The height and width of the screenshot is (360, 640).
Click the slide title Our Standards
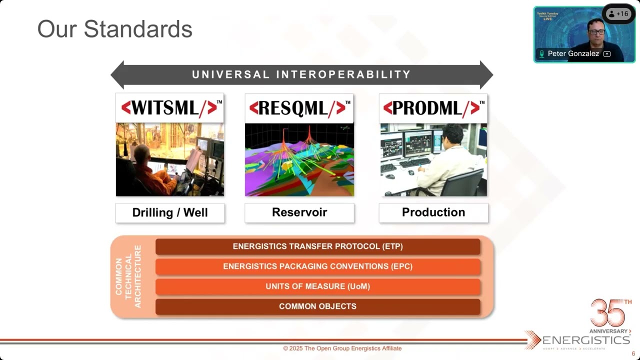114,29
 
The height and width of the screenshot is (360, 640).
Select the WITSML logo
169,108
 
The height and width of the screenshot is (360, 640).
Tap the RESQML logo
299,108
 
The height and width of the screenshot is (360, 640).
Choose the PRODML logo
433,108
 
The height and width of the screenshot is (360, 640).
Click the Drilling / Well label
170,212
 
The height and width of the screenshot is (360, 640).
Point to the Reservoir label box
299,212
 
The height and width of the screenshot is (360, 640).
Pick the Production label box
433,212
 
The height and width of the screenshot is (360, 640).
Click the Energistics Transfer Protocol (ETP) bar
317,246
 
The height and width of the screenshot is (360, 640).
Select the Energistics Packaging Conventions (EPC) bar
317,266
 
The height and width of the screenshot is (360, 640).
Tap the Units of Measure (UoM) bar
317,286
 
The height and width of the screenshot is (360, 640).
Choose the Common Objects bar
317,306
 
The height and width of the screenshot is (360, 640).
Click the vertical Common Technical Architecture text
128,276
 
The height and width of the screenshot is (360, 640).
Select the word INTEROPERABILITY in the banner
343,75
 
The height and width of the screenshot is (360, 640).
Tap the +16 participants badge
618,14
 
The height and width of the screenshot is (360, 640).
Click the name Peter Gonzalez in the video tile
573,53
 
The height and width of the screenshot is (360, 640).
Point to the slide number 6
633,353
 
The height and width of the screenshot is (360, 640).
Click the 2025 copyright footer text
342,348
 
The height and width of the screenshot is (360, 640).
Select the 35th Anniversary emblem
610,316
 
